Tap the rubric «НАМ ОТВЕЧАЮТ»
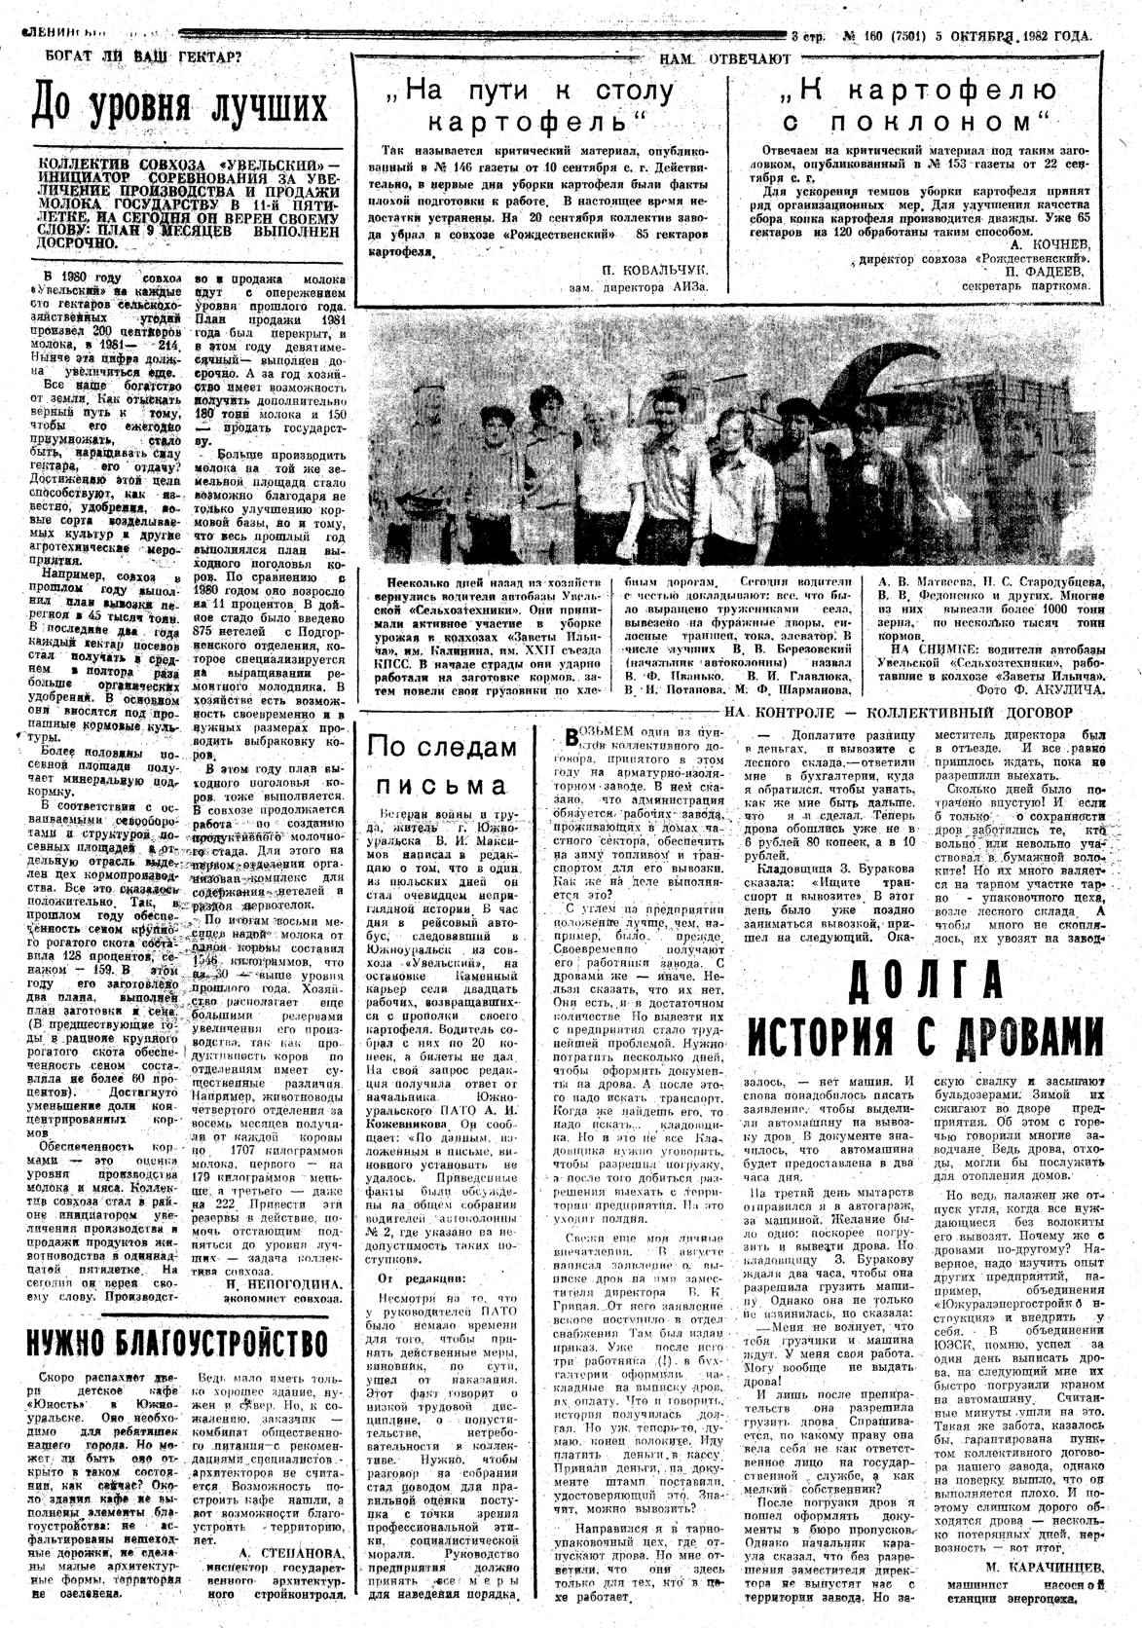724,59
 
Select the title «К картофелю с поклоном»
920,106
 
